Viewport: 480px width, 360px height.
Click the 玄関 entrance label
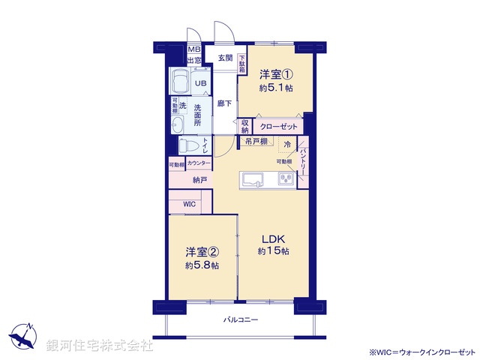pos(225,57)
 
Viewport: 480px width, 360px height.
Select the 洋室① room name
pos(275,75)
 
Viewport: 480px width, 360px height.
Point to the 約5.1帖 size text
pos(275,88)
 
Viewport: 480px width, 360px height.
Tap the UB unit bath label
pos(201,84)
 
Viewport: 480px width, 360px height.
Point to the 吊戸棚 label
pos(255,141)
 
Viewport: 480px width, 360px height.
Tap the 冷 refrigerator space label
pos(287,143)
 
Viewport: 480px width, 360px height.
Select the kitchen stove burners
pos(285,179)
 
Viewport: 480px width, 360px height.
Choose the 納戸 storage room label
pos(200,180)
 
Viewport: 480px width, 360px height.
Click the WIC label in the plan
pos(189,203)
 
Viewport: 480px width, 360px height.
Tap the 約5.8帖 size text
pos(202,265)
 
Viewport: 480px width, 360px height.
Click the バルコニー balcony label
pos(241,320)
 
